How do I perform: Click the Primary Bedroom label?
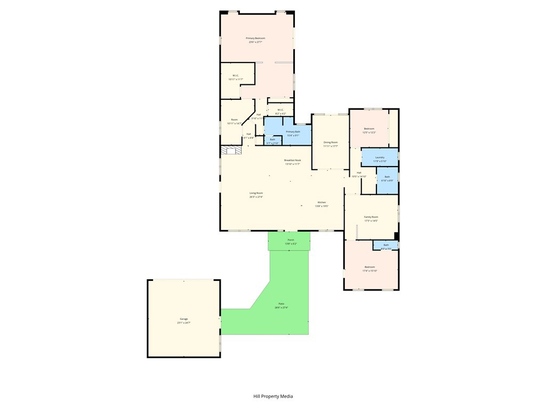point(255,38)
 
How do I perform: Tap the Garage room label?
point(183,319)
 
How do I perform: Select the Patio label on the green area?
point(281,304)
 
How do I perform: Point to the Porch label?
point(291,240)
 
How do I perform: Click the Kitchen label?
point(322,202)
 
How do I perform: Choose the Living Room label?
point(256,193)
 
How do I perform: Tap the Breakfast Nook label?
point(292,160)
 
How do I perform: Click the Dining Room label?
point(331,142)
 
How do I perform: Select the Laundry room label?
point(380,157)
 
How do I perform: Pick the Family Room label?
point(371,217)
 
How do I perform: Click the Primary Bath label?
point(293,131)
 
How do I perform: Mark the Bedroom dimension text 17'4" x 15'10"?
point(370,271)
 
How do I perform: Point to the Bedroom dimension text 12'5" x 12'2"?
point(369,132)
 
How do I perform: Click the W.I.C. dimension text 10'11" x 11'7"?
point(236,79)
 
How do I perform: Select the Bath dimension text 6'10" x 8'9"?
point(387,180)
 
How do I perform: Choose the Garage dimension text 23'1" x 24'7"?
point(184,322)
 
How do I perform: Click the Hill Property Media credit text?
point(273,396)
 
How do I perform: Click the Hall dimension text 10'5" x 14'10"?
point(359,176)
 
